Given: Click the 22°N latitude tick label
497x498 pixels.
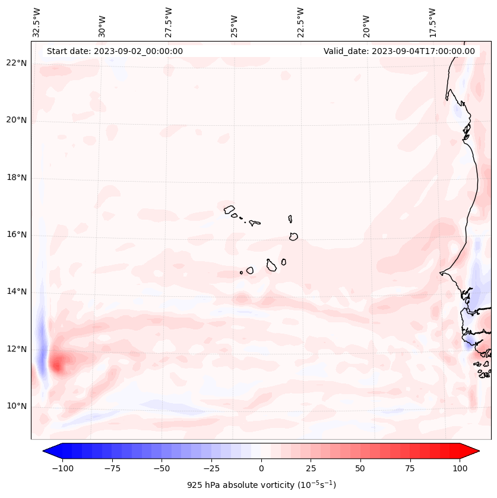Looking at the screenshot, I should pyautogui.click(x=17, y=63).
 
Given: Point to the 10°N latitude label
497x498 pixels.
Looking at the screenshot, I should pyautogui.click(x=17, y=407).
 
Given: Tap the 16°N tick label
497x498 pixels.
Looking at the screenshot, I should pyautogui.click(x=17, y=235).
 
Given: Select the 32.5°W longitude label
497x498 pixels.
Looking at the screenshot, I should pyautogui.click(x=37, y=22).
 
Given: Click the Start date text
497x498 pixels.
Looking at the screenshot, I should pyautogui.click(x=115, y=51).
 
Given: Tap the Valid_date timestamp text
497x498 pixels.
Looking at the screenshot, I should pyautogui.click(x=399, y=51).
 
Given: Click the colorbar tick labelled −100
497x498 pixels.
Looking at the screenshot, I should pyautogui.click(x=62, y=468).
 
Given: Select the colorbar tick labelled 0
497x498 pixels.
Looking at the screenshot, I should pyautogui.click(x=261, y=468).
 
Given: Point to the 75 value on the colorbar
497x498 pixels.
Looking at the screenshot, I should pyautogui.click(x=410, y=468).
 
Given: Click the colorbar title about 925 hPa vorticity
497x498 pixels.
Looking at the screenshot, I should pyautogui.click(x=261, y=485).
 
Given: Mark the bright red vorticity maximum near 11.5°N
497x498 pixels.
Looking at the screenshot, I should pyautogui.click(x=57, y=363).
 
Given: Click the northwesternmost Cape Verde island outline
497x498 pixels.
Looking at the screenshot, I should pyautogui.click(x=230, y=209).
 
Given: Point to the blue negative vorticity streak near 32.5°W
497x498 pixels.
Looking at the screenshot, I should pyautogui.click(x=41, y=344).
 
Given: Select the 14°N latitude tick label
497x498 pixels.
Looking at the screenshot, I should pyautogui.click(x=17, y=292).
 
